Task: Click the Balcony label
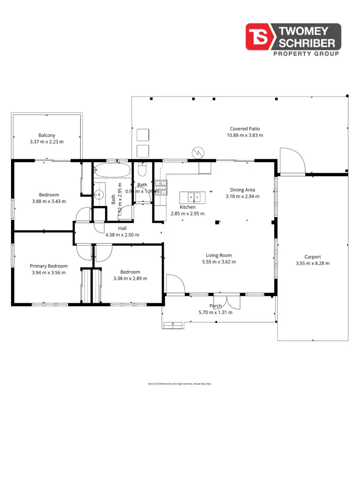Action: click(47, 135)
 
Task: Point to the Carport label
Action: click(312, 257)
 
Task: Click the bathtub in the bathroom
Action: click(112, 170)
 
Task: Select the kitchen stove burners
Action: click(161, 187)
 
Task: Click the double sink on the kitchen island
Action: click(192, 197)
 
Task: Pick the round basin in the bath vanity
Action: click(99, 194)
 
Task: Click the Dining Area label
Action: click(242, 190)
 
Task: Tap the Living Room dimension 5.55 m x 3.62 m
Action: click(219, 262)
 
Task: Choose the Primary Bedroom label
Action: click(48, 266)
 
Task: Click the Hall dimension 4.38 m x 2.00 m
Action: click(122, 235)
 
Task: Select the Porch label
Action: click(216, 306)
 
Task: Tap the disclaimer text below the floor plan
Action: click(180, 384)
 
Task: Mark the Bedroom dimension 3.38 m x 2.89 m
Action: click(130, 278)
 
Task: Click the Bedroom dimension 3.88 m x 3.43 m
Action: click(49, 201)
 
